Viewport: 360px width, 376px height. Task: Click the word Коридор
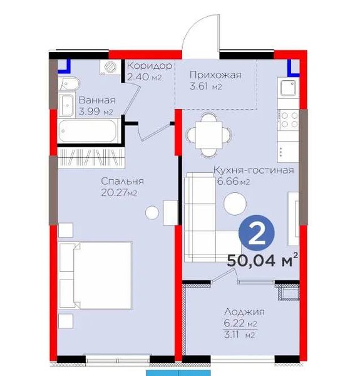150,65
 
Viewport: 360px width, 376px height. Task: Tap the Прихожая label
215,75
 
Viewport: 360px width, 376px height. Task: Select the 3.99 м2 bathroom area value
96,112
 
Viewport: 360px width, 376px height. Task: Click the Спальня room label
122,181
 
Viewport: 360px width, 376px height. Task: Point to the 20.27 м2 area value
119,192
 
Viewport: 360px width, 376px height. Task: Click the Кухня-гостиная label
254,170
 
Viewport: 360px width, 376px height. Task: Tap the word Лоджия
245,311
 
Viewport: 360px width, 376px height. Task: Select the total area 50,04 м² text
262,260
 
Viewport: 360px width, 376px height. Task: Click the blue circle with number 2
257,233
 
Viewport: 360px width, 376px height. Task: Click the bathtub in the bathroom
88,131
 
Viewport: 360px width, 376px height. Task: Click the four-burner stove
289,120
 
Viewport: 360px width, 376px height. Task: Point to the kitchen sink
289,88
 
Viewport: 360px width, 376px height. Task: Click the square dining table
208,135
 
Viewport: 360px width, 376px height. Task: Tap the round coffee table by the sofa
235,204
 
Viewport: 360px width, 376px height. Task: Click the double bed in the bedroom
95,275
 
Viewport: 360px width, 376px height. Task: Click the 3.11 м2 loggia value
239,335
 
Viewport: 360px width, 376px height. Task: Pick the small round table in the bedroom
152,212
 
